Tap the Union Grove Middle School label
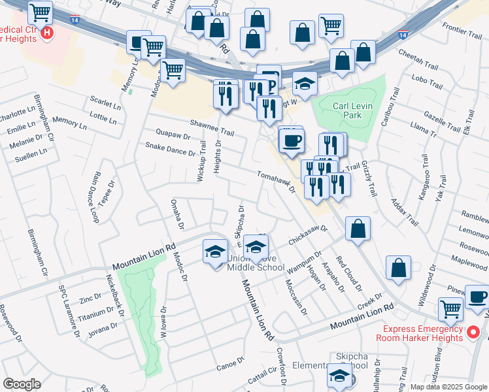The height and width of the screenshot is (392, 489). tap(256, 262)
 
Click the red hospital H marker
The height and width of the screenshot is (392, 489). tap(46, 33)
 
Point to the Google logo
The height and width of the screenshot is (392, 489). tap(22, 384)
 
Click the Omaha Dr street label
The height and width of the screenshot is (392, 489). tap(177, 215)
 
